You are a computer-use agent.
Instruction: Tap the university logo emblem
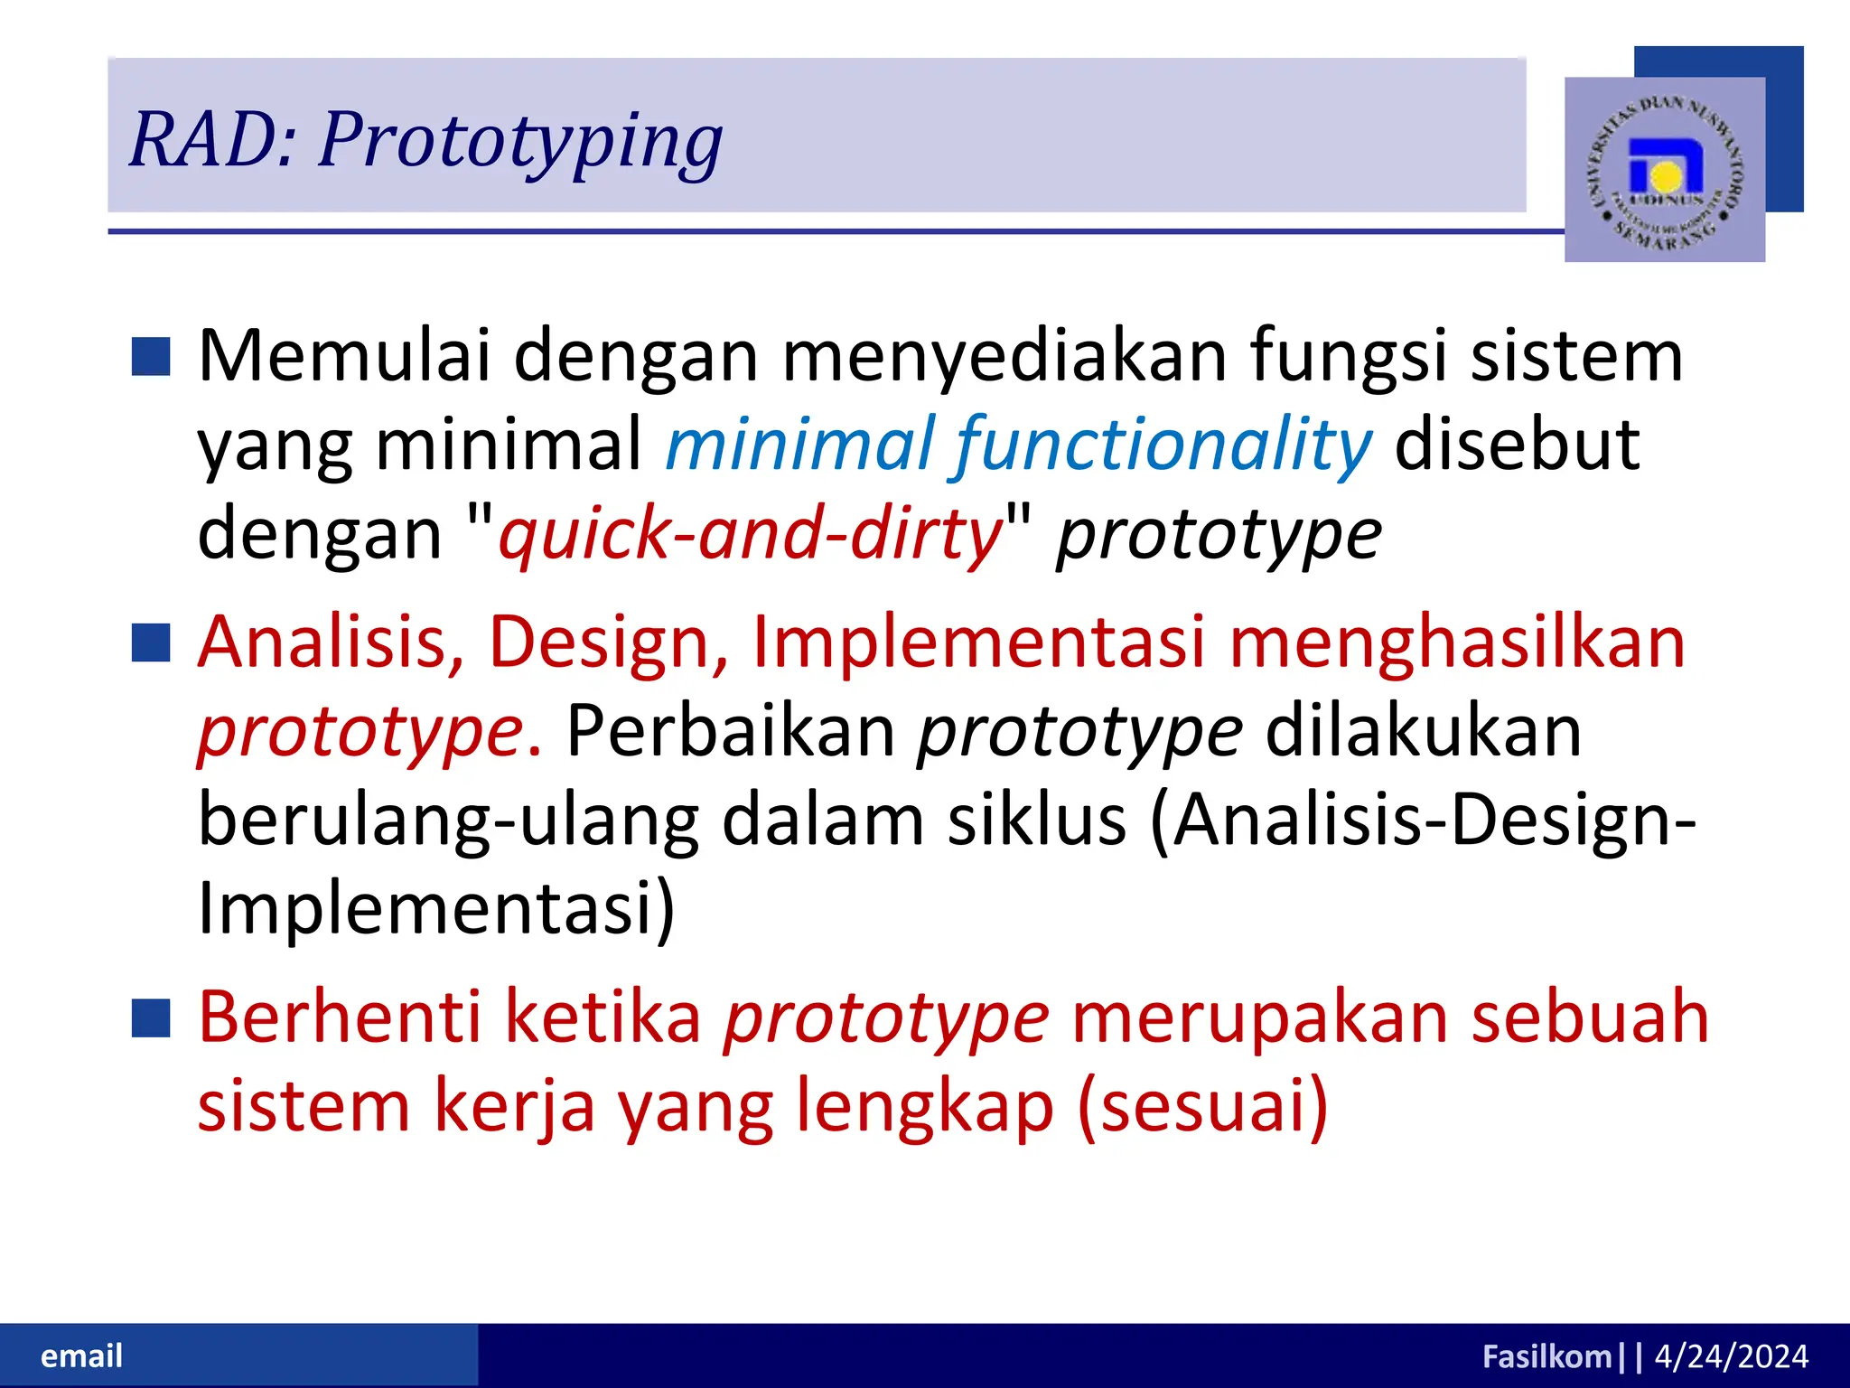1665,170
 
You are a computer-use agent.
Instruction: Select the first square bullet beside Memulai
151,356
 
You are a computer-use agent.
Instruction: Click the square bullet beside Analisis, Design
151,642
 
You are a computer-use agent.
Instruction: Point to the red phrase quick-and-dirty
751,533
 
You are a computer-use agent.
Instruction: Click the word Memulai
344,356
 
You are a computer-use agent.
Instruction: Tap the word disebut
1517,445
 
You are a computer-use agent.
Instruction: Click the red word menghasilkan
1457,642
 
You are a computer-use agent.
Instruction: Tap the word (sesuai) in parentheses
1203,1106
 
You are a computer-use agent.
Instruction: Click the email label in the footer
81,1356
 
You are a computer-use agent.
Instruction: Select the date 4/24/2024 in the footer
1731,1356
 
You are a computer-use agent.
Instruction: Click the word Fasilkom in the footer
1546,1356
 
